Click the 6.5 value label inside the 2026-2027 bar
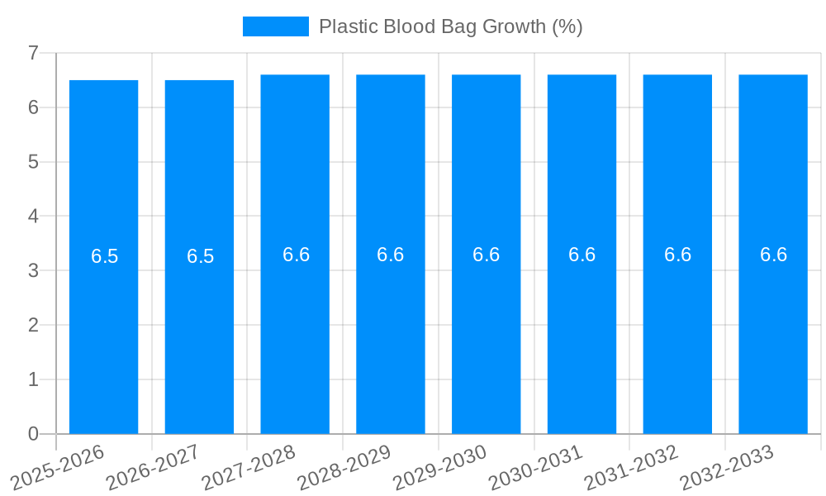pos(200,256)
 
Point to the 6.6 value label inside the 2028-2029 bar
pos(391,255)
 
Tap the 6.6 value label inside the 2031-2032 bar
pos(677,255)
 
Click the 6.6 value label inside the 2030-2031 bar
pos(582,255)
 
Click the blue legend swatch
pos(275,26)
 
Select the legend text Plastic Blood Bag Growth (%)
pos(450,26)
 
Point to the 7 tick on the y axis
pos(33,53)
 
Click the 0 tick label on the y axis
pos(33,434)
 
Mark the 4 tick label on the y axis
pos(33,217)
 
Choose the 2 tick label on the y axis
pos(33,325)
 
